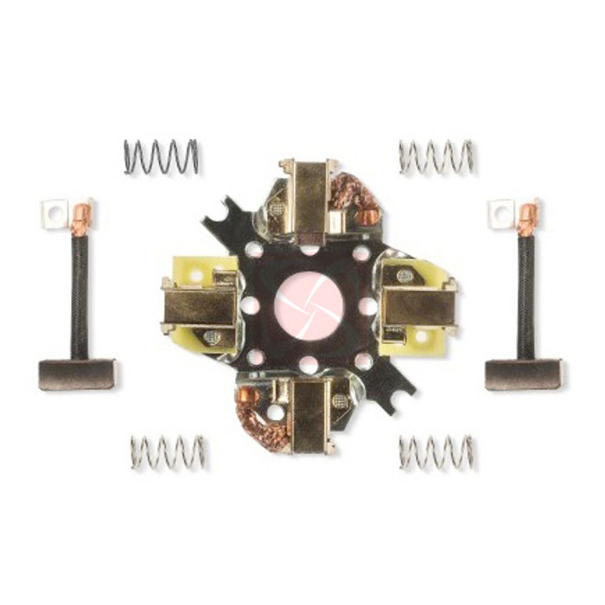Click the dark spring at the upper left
161,156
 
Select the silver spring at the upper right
436,156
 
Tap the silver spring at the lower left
169,452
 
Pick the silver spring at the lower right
436,452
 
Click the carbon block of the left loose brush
77,373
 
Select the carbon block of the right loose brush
523,373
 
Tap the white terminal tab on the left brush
54,213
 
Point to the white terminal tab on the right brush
500,213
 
